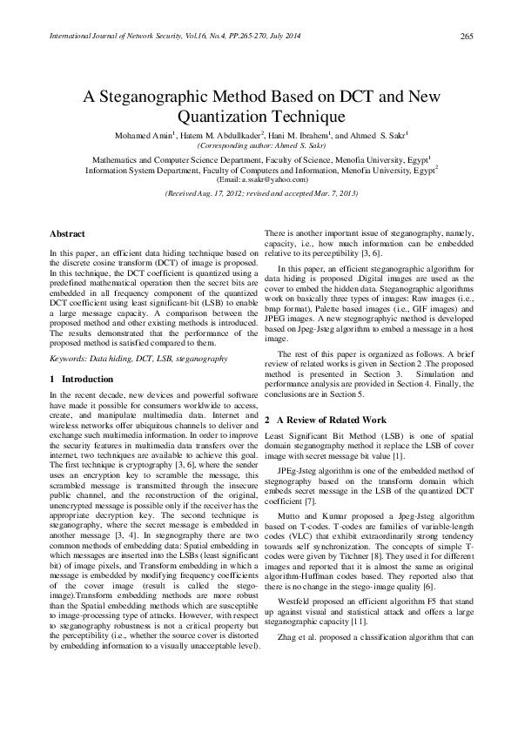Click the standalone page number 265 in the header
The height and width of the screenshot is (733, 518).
pos(466,36)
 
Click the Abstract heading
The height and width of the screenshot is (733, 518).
pos(67,234)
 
